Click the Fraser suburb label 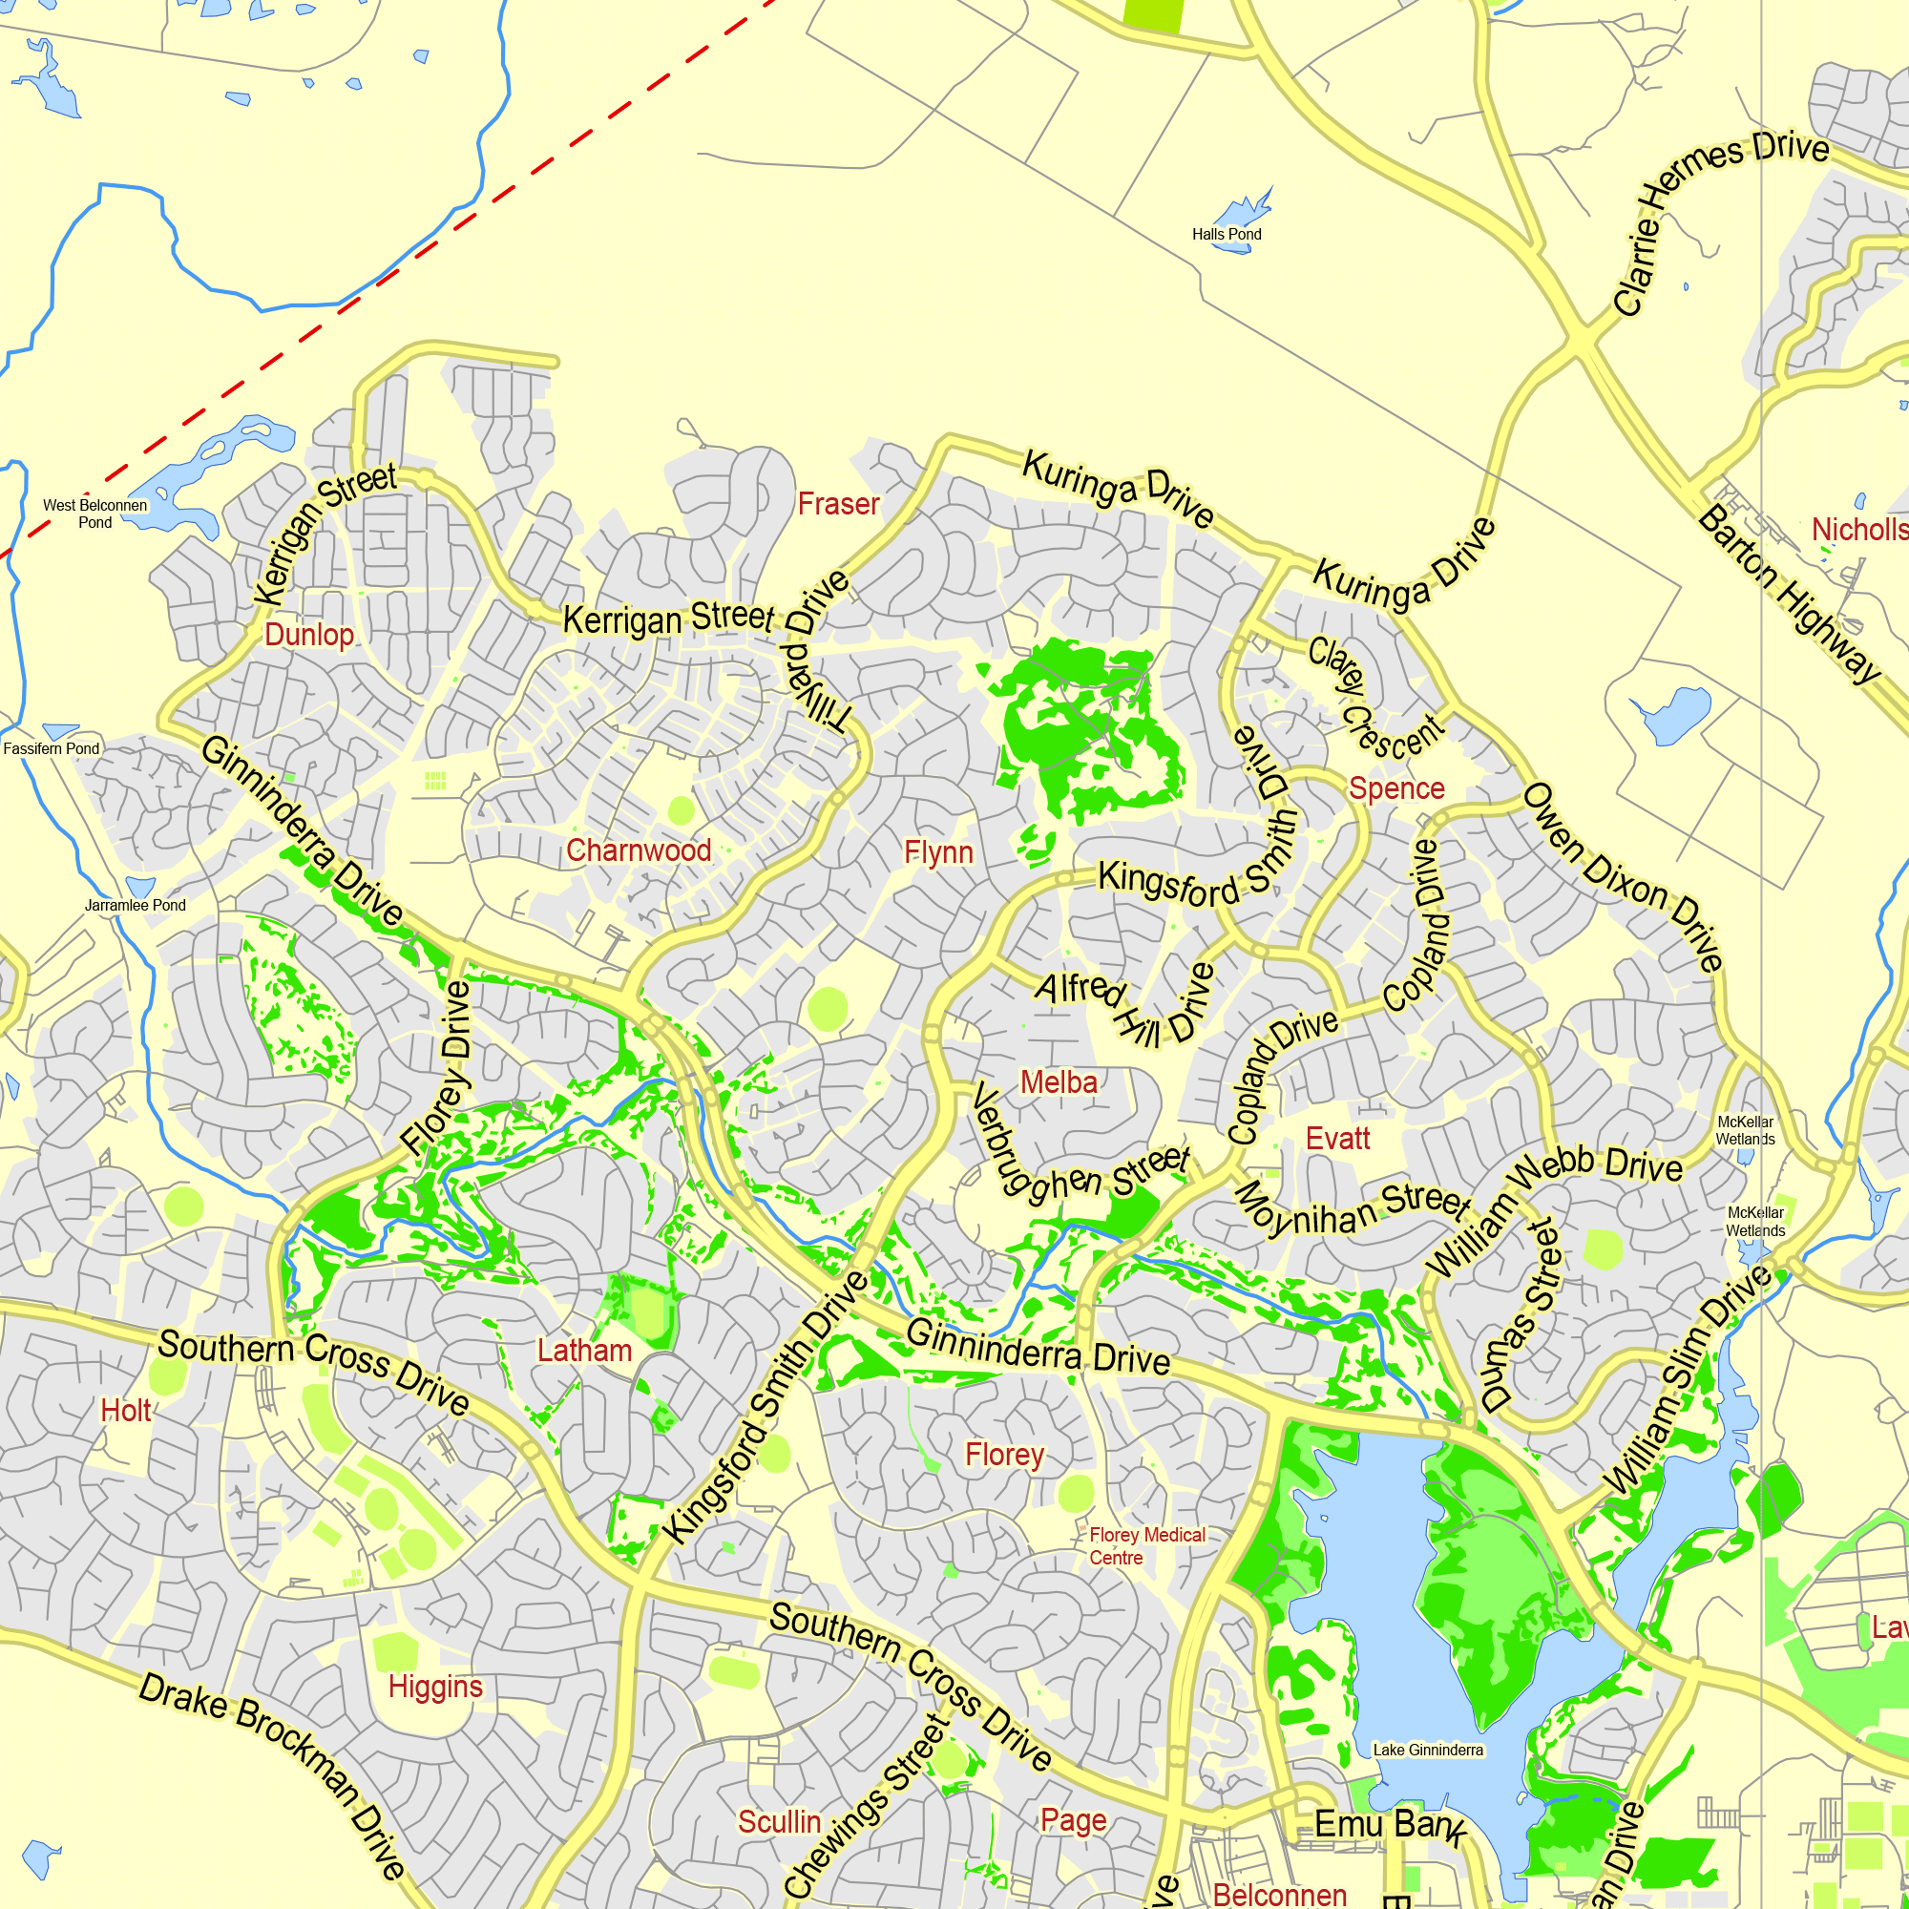[x=838, y=504]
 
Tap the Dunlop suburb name [x=308, y=635]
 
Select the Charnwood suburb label [x=639, y=850]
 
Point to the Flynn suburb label [x=938, y=851]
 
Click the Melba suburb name [x=1059, y=1082]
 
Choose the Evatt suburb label [x=1337, y=1139]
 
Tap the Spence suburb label [x=1396, y=788]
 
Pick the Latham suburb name [x=584, y=1350]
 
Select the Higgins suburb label [x=434, y=1686]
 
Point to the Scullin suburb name [x=779, y=1821]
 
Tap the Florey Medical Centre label [x=1146, y=1546]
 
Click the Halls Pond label [x=1227, y=234]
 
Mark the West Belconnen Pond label [x=94, y=513]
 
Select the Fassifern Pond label [x=52, y=748]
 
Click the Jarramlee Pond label [x=136, y=905]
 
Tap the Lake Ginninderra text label [x=1428, y=1750]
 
